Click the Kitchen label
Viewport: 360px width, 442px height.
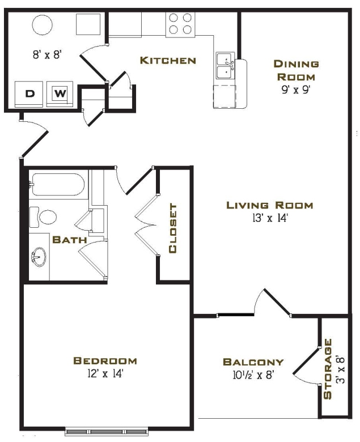(168, 61)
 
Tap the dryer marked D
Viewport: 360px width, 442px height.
(29, 92)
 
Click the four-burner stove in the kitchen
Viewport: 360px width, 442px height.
(180, 23)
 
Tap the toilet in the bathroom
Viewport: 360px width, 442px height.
(44, 216)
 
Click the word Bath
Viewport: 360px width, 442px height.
(69, 240)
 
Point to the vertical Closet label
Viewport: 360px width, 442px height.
(173, 228)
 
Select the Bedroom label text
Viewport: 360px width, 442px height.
(105, 360)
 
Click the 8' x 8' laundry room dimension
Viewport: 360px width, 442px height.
(46, 56)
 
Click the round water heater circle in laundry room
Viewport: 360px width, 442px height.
(42, 24)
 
